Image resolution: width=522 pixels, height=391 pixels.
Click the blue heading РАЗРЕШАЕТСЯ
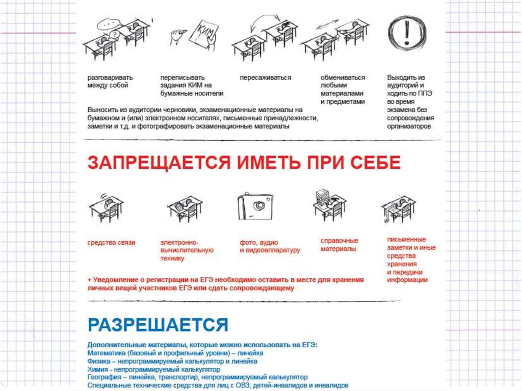coord(158,324)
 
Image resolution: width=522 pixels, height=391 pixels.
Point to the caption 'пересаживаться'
coord(265,78)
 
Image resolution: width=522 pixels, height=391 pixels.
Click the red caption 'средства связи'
coord(111,243)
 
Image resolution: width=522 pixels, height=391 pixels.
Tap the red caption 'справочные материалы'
coord(339,245)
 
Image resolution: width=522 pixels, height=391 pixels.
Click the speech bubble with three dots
coord(108,23)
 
